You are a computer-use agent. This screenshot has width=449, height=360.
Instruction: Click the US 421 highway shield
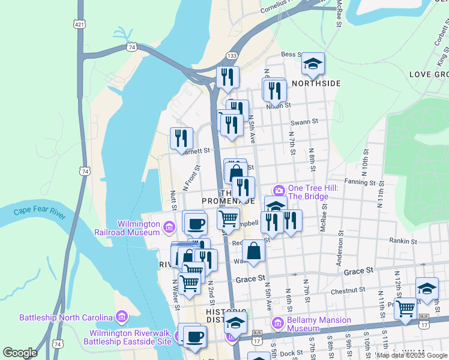coord(79,24)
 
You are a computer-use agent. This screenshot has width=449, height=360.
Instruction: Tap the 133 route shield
coord(231,55)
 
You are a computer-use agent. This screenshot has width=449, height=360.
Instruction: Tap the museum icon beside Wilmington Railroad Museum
coord(169,227)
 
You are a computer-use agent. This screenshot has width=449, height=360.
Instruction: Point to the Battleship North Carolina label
coord(66,317)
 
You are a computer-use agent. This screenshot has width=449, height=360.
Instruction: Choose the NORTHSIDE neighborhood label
coord(316,83)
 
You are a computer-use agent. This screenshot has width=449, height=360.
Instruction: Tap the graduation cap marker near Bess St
coord(313,63)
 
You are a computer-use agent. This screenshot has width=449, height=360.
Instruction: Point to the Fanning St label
coord(360,182)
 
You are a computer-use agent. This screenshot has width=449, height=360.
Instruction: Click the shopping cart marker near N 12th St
coord(406,308)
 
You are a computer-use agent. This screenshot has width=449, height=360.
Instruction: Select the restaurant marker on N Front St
coord(181,138)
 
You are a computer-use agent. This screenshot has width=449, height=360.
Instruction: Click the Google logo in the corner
coord(20,353)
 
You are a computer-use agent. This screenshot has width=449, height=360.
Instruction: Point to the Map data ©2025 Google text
coord(412,355)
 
